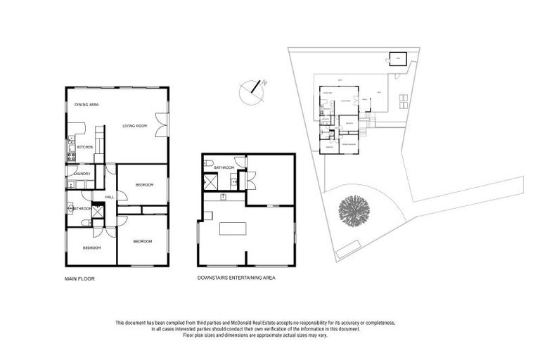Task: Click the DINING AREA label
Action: [86, 105]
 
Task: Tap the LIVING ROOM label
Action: [134, 126]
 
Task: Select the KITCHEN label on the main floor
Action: [84, 147]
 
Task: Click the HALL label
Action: [110, 198]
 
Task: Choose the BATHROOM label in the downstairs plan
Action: [224, 168]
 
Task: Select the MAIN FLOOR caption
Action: [79, 278]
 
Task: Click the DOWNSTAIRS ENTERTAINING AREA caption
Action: [236, 278]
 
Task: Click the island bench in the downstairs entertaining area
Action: [233, 229]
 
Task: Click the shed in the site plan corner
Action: [397, 59]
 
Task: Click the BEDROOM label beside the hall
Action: [144, 185]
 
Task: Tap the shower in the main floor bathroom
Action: [98, 209]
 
